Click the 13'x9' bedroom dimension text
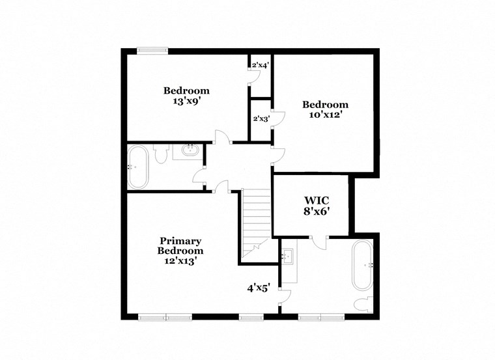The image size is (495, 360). click(186, 102)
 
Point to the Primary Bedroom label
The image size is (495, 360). click(180, 245)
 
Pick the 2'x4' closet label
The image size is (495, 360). click(261, 64)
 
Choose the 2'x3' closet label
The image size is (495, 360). click(261, 118)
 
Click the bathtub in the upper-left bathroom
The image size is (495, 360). click(137, 167)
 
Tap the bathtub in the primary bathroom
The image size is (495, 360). click(362, 266)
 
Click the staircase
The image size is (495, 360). click(256, 221)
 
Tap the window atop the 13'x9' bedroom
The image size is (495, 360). click(152, 51)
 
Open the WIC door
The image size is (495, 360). click(319, 241)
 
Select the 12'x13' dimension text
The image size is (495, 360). click(180, 260)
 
